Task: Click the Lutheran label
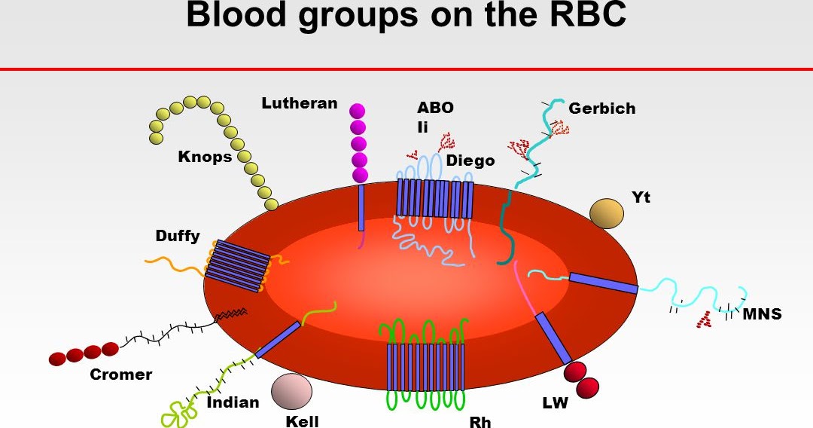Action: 299,103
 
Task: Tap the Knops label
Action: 205,157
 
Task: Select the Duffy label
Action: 178,236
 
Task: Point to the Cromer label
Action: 121,374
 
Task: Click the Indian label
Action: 233,402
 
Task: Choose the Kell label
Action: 302,421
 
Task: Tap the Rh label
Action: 480,421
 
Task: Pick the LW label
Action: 555,403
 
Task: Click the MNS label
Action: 762,314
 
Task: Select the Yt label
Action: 641,197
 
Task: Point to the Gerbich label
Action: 601,109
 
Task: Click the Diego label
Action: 470,160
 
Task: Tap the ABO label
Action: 435,108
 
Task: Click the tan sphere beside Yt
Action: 607,213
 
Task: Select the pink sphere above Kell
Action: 291,391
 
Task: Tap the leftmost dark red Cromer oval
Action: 58,359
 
